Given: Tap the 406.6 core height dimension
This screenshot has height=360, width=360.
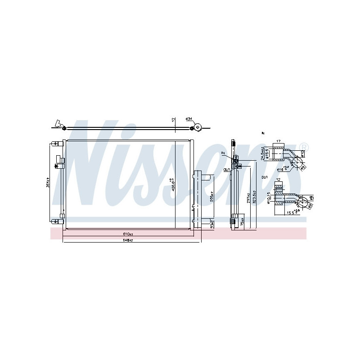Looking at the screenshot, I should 171,184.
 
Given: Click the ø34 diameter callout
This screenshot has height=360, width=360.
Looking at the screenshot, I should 189,119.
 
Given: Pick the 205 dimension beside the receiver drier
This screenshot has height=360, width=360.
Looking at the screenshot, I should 211,198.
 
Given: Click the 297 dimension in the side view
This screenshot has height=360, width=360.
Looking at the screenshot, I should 247,199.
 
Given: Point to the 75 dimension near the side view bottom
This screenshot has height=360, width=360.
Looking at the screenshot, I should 242,222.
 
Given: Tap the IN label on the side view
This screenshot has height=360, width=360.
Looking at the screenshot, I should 223,154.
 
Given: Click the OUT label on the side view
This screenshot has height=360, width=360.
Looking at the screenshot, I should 226,170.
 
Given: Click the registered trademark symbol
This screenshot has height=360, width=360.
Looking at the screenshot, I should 305,147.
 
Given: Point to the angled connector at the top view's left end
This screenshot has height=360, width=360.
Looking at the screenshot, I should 58,123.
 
